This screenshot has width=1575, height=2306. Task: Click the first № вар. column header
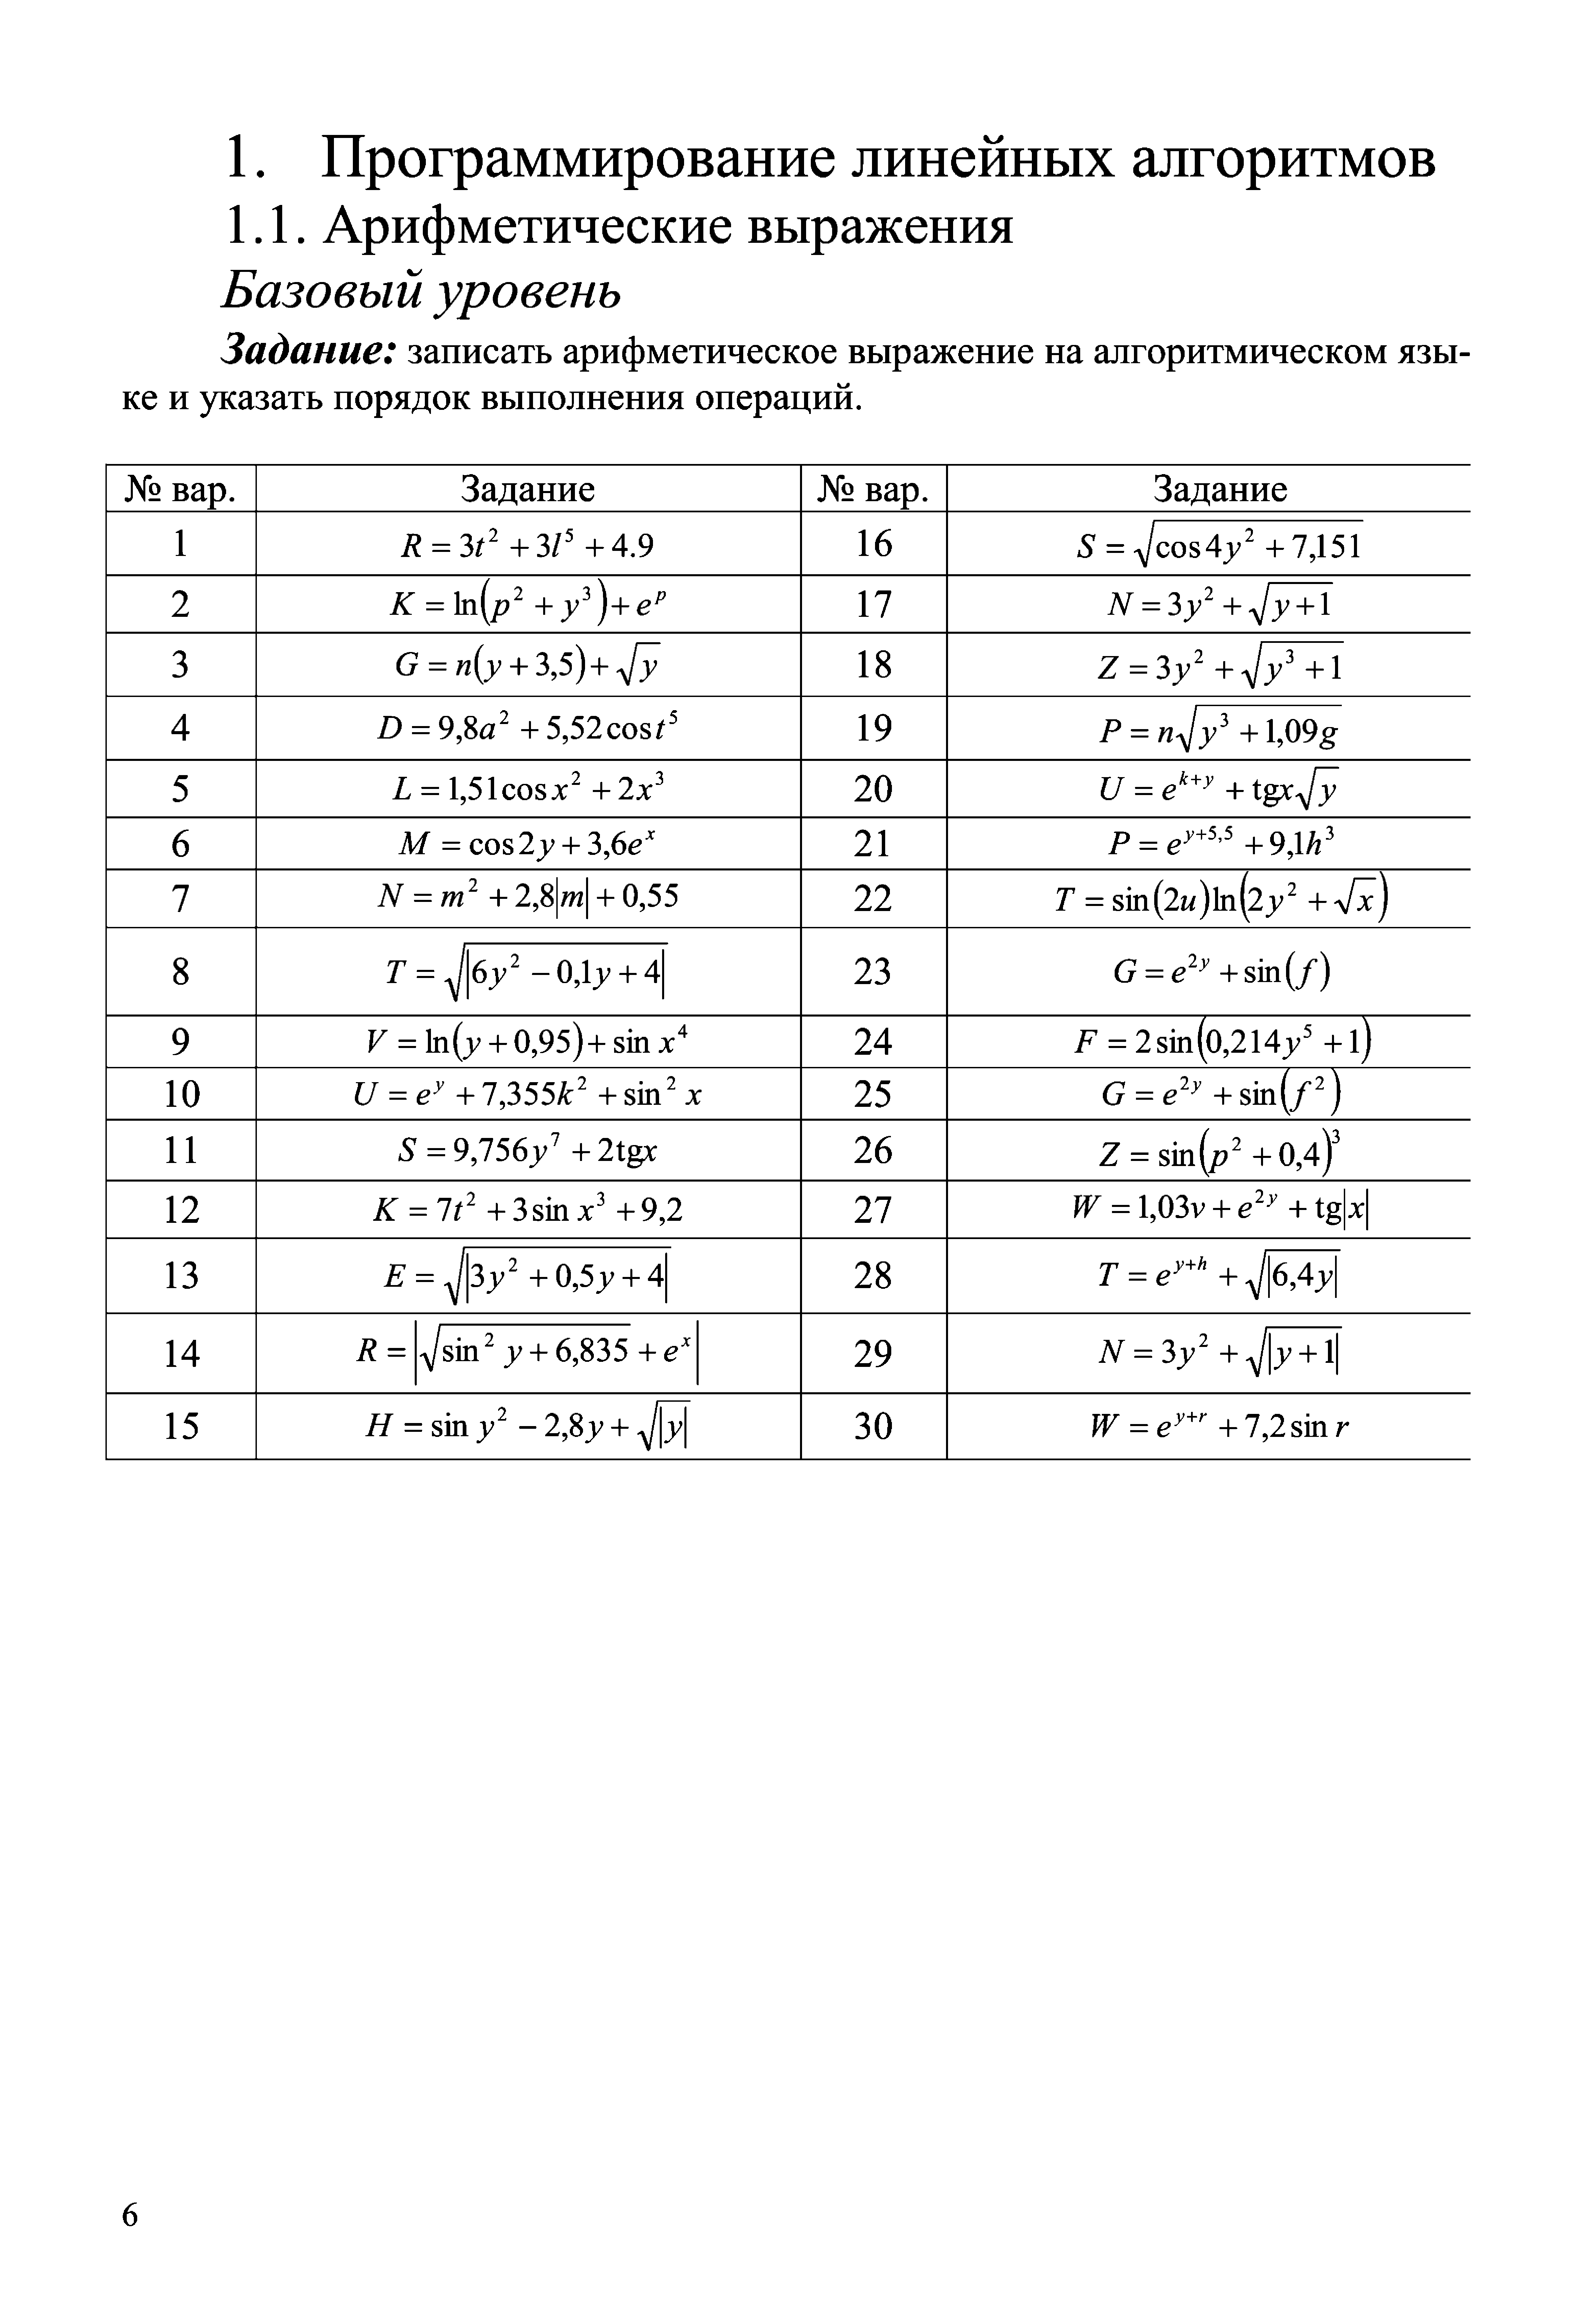click(180, 489)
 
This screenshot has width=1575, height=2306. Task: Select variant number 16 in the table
click(873, 544)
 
